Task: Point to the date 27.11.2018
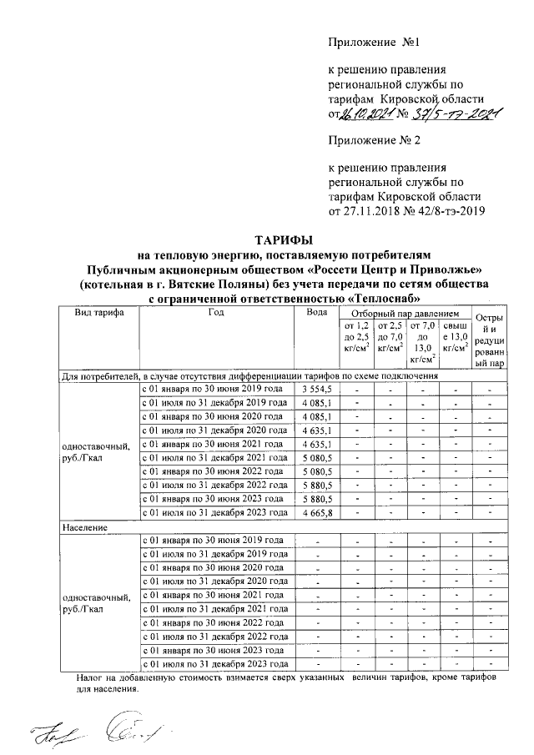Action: click(370, 211)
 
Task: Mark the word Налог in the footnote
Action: click(92, 680)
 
